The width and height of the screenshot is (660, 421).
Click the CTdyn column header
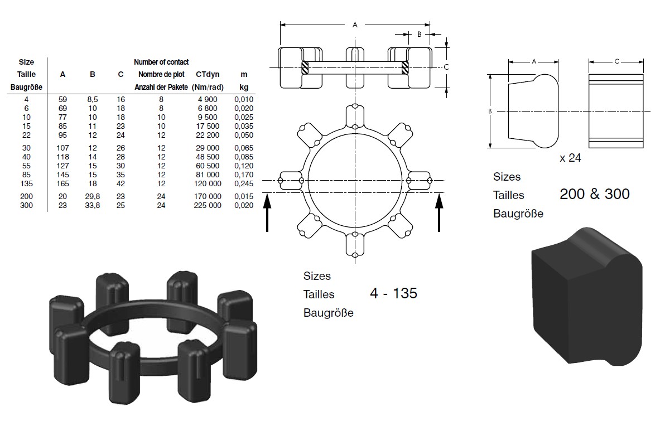coord(208,75)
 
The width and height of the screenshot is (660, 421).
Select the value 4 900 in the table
coord(208,99)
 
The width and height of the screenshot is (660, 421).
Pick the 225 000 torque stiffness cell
coord(208,205)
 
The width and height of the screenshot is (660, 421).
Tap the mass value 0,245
coord(244,183)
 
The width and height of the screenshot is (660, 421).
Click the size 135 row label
coord(26,183)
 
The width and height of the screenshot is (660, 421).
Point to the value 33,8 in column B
coord(93,205)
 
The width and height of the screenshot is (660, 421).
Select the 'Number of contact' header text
coord(161,62)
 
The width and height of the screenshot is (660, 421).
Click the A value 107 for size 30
coord(62,148)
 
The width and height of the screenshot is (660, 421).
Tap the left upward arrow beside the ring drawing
coord(267,212)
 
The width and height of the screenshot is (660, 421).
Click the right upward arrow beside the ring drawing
coord(439,212)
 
